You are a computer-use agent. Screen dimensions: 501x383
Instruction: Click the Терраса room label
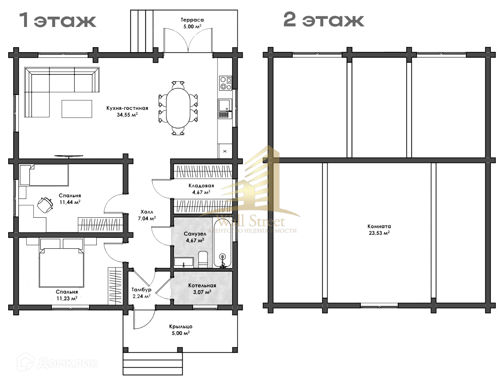pos(192,20)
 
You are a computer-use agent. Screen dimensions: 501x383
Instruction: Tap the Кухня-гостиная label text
pos(127,108)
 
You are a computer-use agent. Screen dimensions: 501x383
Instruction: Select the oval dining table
pos(178,108)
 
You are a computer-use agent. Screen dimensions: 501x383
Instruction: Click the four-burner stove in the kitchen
pos(225,83)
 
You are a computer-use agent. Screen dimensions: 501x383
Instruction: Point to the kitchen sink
pos(225,109)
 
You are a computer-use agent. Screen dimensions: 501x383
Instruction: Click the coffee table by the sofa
pos(77,109)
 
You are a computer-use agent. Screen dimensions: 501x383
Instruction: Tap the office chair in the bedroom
pos(45,205)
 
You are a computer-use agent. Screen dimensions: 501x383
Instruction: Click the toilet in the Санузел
pos(203,259)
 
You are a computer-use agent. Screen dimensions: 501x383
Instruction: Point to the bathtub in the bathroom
pos(222,243)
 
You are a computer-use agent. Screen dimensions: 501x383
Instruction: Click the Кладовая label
pos(201,186)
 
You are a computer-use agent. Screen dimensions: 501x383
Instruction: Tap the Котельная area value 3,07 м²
pos(202,292)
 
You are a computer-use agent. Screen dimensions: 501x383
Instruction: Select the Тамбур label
pos(141,290)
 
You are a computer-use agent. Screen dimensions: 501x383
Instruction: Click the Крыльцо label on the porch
pos(181,327)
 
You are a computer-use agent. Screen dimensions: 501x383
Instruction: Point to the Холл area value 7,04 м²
pos(147,218)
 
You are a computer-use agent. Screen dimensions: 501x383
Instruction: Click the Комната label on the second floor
pos(379,227)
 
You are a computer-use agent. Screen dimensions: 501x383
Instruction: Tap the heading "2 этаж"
pos(324,20)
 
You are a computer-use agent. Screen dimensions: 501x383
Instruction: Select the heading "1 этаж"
pos(58,20)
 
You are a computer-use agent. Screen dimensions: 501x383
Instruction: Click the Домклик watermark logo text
pos(67,363)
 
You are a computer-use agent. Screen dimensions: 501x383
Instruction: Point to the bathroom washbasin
pos(183,262)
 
